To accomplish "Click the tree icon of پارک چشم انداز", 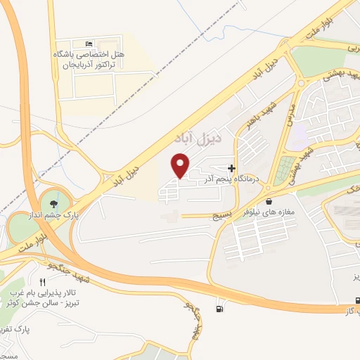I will pyautogui.click(x=53, y=205).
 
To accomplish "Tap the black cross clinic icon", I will pyautogui.click(x=231, y=168).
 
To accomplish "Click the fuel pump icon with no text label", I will pyautogui.click(x=223, y=307).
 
